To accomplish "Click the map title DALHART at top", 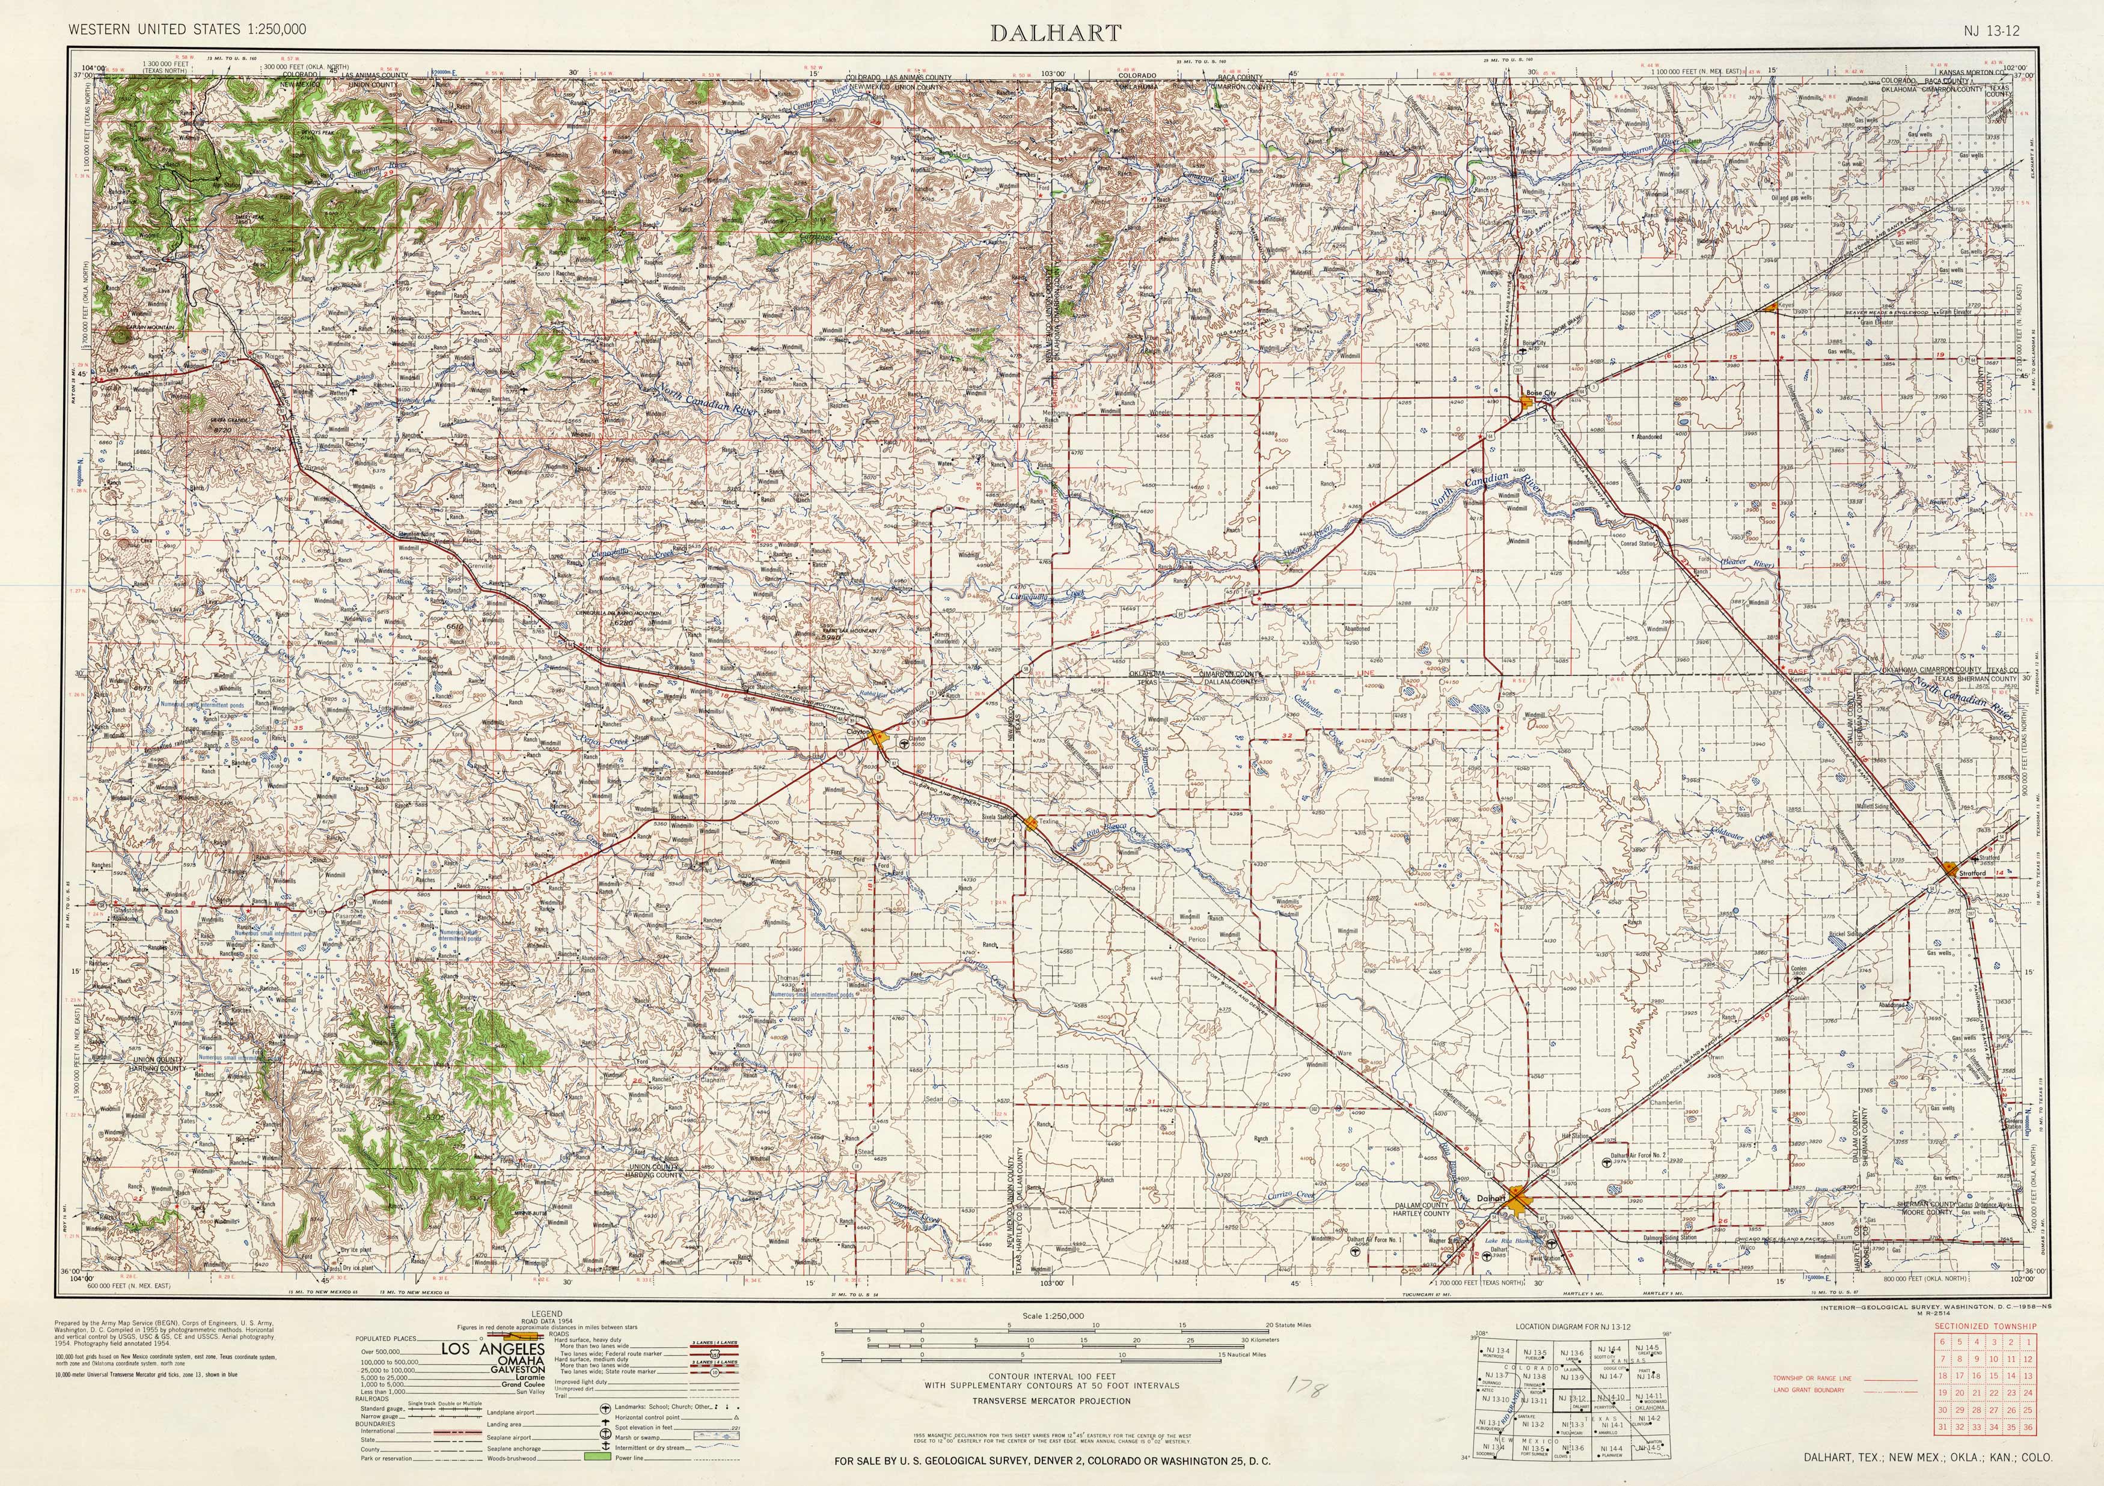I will point(1055,34).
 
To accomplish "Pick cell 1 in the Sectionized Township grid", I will point(2028,1341).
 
